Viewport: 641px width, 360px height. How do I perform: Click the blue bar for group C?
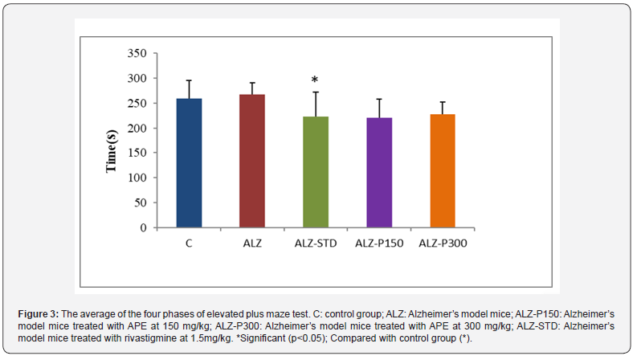tap(189, 163)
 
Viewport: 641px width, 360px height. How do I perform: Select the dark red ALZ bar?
tap(252, 161)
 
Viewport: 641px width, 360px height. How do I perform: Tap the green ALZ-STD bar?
tap(316, 172)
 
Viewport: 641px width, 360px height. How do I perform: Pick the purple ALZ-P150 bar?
tap(379, 173)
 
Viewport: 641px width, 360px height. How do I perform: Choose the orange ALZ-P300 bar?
tap(443, 170)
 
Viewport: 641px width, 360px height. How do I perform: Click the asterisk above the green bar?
tap(314, 80)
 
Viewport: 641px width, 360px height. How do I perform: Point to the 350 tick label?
tap(137, 53)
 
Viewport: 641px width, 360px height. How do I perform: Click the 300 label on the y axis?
tap(137, 78)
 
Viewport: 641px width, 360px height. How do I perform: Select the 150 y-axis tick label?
tap(137, 153)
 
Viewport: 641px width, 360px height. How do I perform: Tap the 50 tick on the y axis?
tap(141, 202)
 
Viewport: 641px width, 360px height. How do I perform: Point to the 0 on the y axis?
tap(143, 227)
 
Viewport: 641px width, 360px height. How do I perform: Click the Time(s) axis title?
tap(111, 151)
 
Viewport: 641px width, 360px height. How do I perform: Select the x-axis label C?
tap(189, 243)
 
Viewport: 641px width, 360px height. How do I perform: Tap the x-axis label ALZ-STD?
tap(316, 243)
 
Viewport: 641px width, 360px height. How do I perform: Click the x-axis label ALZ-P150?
tap(379, 243)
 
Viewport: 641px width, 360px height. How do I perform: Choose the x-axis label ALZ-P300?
tap(443, 243)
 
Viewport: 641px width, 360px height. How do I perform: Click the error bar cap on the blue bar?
tap(189, 80)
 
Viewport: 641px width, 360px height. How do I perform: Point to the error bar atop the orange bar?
tap(443, 108)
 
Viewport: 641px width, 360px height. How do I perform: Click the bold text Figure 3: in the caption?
tap(39, 314)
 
